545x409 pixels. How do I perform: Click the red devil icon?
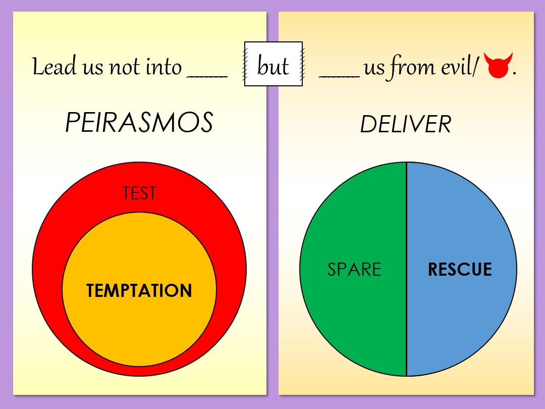coord(498,66)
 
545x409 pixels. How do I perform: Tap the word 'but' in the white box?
coord(273,66)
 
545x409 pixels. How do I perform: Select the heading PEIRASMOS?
coord(139,123)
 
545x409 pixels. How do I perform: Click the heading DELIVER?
coord(406,124)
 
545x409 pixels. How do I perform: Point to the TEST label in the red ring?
coord(139,193)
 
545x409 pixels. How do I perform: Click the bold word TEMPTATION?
coord(139,291)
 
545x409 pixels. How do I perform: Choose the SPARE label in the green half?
coord(354,270)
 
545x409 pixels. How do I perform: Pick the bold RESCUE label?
coord(460,270)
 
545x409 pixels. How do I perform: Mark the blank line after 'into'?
coord(207,76)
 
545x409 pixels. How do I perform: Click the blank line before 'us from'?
coord(339,76)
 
